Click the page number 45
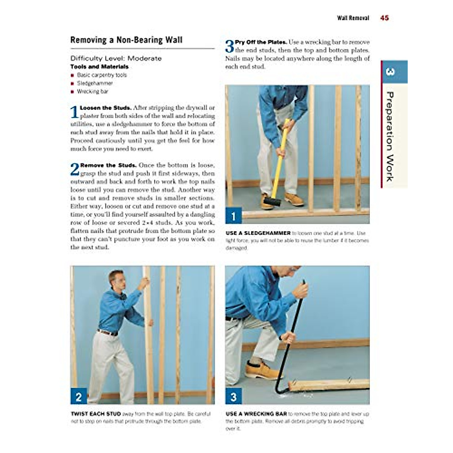tap(384, 18)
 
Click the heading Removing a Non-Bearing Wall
tap(126, 40)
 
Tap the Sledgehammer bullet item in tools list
tap(95, 83)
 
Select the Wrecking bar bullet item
tap(92, 91)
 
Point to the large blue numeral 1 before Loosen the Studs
tap(74, 112)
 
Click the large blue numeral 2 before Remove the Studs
tap(75, 169)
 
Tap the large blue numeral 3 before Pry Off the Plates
tap(230, 46)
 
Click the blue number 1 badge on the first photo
tap(233, 216)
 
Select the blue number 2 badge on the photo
tap(79, 397)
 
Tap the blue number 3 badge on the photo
tap(233, 397)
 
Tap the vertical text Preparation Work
tap(390, 136)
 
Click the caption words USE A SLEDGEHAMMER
tap(258, 233)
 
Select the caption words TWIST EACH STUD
tap(96, 414)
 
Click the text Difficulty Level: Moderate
tap(116, 59)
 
